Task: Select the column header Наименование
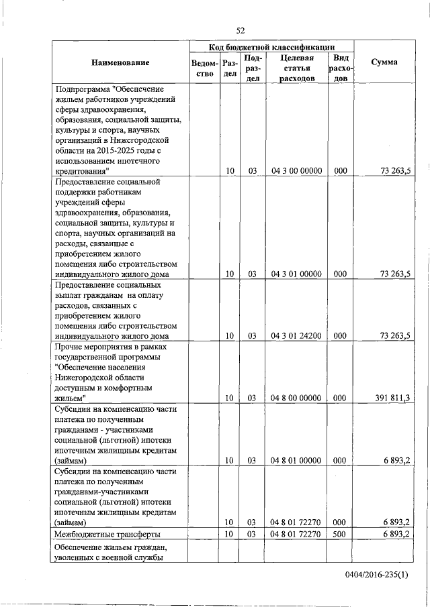pyautogui.click(x=121, y=62)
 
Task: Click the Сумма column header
pyautogui.click(x=384, y=62)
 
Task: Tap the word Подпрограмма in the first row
pyautogui.click(x=83, y=89)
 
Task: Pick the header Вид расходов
pyautogui.click(x=340, y=68)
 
